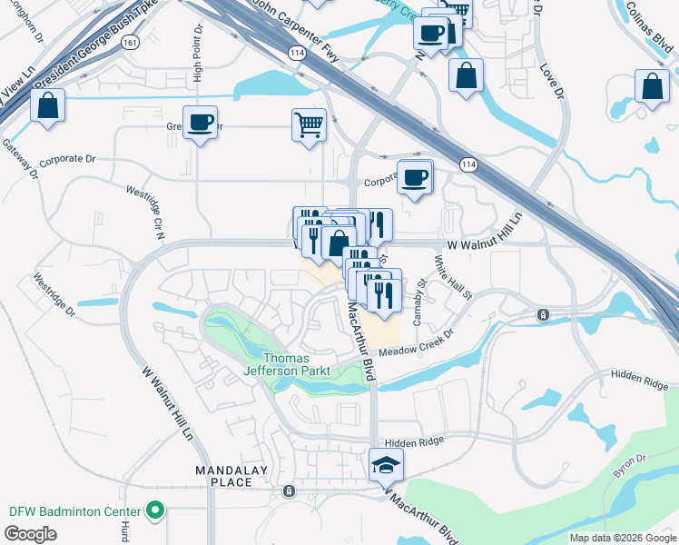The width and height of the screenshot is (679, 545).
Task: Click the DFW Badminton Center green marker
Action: [154, 511]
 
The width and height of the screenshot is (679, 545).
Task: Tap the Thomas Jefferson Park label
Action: [286, 363]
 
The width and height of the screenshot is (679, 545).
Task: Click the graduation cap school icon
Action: [386, 465]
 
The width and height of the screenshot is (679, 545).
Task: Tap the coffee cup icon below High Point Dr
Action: [200, 122]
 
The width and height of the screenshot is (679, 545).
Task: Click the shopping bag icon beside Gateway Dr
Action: [47, 105]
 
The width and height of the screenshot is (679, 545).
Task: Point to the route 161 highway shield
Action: [133, 42]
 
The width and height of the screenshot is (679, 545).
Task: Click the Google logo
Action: [30, 534]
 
